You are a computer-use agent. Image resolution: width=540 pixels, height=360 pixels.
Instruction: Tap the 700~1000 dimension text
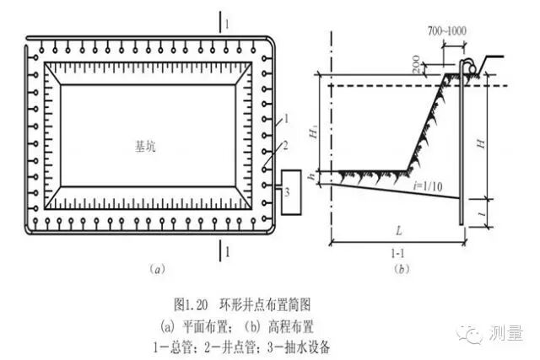(x=445, y=31)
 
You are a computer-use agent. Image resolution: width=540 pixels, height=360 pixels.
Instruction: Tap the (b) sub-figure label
(x=402, y=270)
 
